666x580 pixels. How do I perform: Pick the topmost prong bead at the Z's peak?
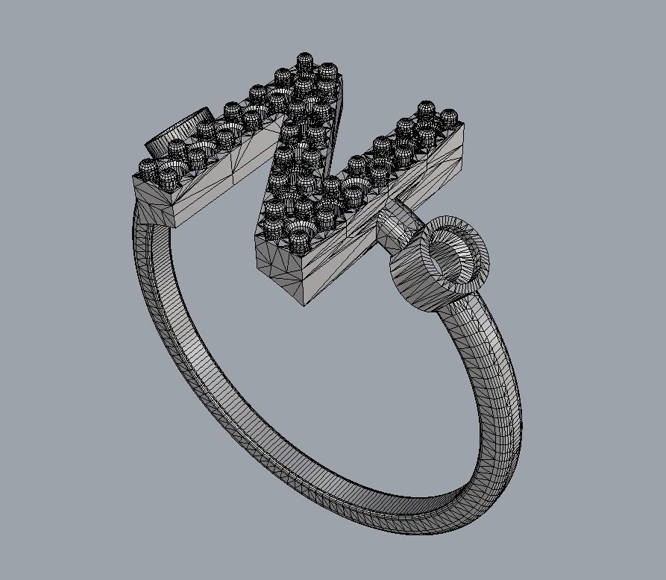point(304,61)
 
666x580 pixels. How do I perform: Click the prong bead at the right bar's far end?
point(449,117)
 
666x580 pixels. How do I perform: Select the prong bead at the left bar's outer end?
point(148,168)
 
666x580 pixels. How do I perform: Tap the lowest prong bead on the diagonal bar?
point(298,239)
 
